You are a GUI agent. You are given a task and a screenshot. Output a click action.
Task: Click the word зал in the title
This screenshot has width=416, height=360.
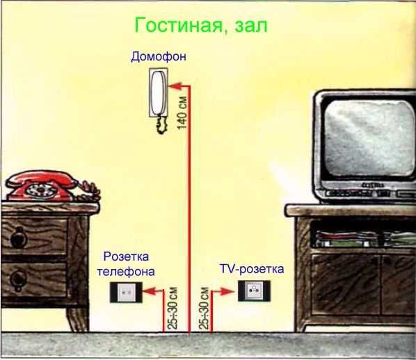point(250,26)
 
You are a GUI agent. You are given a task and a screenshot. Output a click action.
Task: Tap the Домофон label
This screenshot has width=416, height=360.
point(159,57)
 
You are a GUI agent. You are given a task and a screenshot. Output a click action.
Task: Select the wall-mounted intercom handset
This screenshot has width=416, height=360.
point(158,93)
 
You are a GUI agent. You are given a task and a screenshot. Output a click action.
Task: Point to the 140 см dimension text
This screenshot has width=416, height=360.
point(182,113)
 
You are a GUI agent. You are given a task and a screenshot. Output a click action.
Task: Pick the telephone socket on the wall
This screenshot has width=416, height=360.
point(126,292)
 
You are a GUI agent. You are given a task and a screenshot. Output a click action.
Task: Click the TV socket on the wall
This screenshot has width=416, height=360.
point(254,291)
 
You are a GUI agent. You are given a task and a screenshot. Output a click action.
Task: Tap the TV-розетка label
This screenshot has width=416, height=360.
point(252,269)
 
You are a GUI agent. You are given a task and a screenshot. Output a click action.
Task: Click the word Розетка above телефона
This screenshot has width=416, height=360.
point(126,256)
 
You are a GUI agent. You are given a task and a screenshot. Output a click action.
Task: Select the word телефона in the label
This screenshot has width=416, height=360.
point(126,272)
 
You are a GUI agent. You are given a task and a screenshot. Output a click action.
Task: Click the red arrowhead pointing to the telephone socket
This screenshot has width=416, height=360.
point(149,291)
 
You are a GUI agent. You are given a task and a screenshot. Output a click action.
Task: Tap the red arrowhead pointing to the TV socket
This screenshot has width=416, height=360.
point(228,292)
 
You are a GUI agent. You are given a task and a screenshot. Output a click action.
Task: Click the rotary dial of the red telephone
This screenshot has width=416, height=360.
point(42,190)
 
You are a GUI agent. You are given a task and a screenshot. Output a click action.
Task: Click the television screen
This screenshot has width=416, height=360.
point(369,138)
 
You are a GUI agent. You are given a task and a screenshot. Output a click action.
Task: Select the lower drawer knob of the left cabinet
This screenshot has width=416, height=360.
point(17,279)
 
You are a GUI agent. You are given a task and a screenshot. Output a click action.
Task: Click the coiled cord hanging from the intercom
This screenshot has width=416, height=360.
point(161,124)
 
